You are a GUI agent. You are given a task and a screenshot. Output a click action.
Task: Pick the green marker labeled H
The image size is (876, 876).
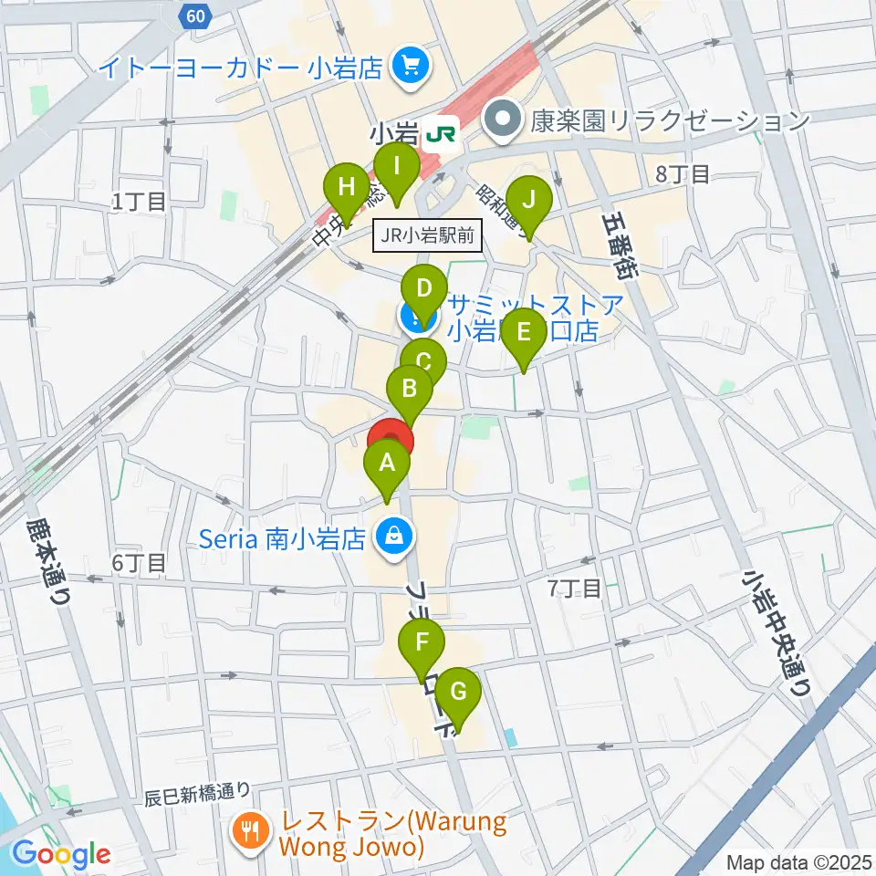click(x=347, y=188)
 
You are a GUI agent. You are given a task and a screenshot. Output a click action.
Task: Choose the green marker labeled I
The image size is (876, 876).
click(x=397, y=167)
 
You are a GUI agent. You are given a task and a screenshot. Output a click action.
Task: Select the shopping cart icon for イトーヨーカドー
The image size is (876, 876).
click(x=408, y=65)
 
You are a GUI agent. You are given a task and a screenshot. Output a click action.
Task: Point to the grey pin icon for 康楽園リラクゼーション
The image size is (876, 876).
click(x=501, y=119)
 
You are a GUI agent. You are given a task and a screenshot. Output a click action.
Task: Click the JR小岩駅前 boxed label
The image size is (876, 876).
click(x=428, y=236)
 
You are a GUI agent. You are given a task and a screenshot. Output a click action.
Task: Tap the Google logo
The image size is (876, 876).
click(x=62, y=854)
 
